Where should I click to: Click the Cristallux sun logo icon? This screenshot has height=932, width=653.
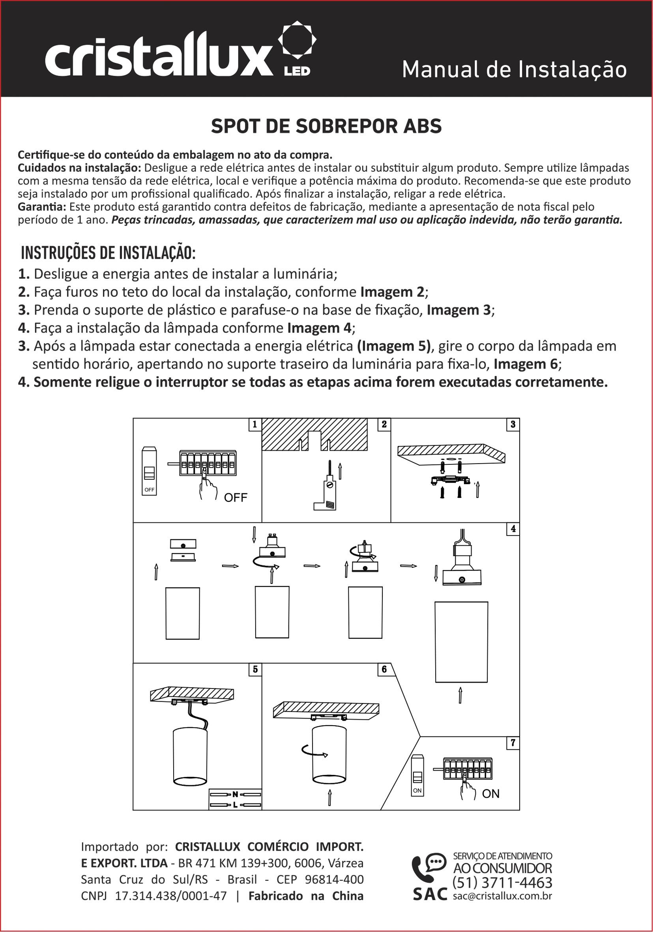[297, 40]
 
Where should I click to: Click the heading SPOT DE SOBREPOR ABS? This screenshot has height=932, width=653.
[326, 127]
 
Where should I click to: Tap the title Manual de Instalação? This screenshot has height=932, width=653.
[514, 69]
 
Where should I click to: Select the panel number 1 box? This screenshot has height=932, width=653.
[254, 425]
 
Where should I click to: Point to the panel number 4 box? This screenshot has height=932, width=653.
[513, 529]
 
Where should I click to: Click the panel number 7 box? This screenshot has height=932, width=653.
[513, 743]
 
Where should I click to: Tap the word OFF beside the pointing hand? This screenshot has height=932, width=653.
[236, 497]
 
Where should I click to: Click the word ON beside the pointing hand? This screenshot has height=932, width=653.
[491, 794]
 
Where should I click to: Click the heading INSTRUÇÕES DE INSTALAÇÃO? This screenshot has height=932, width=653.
[109, 253]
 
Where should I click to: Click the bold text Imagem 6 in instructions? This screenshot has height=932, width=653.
[526, 364]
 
